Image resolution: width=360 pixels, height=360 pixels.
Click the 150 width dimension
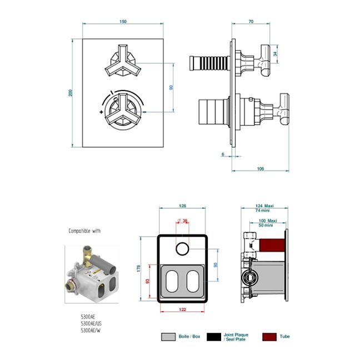coord(123,22)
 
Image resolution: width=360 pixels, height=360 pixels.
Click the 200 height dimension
coord(71,93)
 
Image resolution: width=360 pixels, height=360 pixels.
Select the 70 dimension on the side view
coord(251,22)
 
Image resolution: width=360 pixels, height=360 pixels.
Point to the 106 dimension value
coord(260,168)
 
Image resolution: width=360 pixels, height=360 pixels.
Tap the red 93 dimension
coord(148,282)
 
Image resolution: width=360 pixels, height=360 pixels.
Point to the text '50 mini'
coord(264,226)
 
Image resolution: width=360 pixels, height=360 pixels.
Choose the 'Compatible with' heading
coord(85,231)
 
